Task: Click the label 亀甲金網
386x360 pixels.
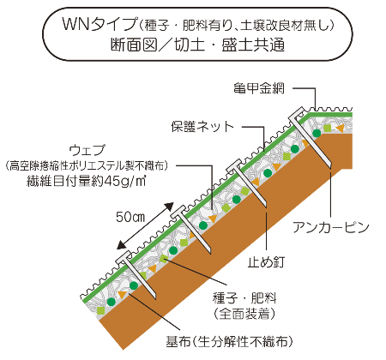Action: click(259, 88)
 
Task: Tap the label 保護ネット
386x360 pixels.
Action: click(202, 127)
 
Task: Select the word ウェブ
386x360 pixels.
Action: click(87, 150)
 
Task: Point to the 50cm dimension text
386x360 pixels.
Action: click(130, 217)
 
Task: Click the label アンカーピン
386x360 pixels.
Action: click(331, 228)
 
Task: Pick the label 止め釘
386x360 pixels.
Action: click(266, 261)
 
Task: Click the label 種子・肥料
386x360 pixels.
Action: click(244, 298)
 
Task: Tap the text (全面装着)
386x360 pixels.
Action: click(244, 314)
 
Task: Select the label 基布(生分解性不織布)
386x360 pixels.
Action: click(230, 341)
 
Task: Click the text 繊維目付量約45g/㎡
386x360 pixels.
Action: click(87, 181)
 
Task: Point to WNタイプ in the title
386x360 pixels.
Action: click(100, 24)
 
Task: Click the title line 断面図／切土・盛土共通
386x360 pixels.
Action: click(197, 45)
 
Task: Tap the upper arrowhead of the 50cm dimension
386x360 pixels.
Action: click(170, 207)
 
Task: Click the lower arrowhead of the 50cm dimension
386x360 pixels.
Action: click(121, 244)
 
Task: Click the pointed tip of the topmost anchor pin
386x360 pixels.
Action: click(330, 166)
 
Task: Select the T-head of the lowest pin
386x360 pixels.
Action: click(124, 257)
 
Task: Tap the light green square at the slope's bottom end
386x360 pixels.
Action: click(101, 310)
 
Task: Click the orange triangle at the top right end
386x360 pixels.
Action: click(340, 128)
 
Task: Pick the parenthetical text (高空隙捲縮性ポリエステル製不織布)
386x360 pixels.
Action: click(87, 165)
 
